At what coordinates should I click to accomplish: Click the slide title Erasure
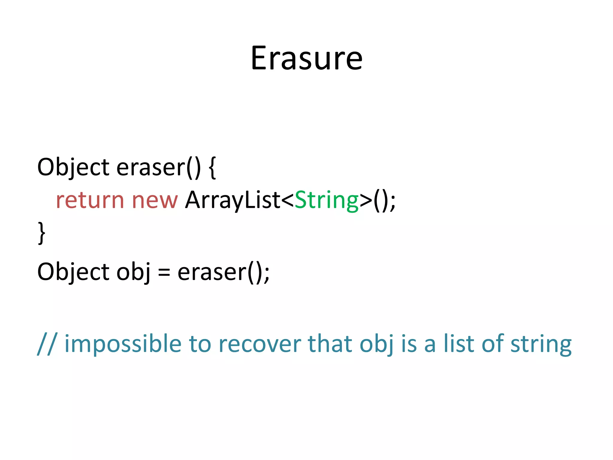tap(306, 58)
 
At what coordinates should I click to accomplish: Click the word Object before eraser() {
tap(73, 167)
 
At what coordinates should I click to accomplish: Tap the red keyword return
tap(90, 200)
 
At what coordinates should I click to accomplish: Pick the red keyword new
tap(155, 200)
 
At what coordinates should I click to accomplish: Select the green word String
tap(327, 200)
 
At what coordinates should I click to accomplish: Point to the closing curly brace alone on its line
tap(42, 233)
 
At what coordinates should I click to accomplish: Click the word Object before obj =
tap(73, 272)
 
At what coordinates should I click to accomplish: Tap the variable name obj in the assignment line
tap(133, 272)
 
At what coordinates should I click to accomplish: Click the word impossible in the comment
tap(123, 344)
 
